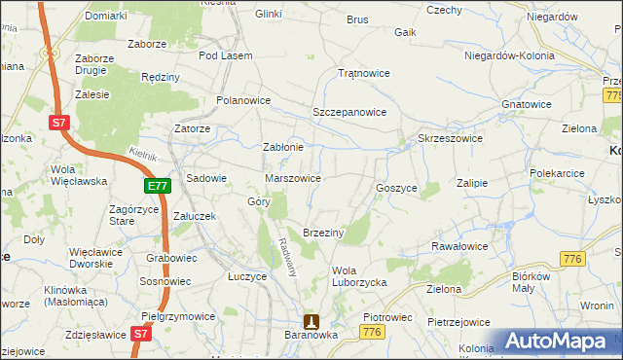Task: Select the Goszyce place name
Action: coord(396,187)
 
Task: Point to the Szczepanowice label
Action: coord(349,112)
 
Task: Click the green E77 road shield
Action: coord(159,185)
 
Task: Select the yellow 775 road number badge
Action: coord(612,95)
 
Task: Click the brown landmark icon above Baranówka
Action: coord(311,321)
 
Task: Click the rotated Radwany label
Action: coord(287,255)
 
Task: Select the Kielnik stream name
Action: coord(143,154)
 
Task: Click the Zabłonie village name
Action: coord(284,148)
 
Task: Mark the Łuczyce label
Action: coord(247,276)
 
